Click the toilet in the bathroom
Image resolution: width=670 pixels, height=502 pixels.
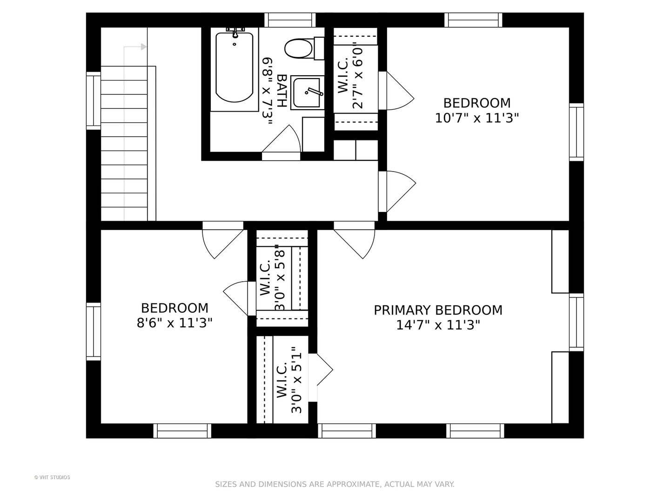pyautogui.click(x=304, y=48)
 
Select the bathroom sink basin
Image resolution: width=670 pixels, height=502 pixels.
pyautogui.click(x=307, y=92)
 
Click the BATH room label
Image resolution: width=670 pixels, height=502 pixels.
pyautogui.click(x=281, y=91)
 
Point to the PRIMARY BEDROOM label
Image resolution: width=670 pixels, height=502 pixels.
pyautogui.click(x=438, y=310)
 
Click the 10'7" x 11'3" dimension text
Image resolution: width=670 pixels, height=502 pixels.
pyautogui.click(x=477, y=118)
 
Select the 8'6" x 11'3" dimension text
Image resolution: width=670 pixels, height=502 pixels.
pyautogui.click(x=174, y=323)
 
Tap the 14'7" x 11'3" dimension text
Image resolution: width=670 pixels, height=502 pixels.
pyautogui.click(x=438, y=325)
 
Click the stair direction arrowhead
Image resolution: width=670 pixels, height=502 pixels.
pyautogui.click(x=144, y=47)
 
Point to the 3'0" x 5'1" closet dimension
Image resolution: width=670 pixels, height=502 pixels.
pyautogui.click(x=296, y=380)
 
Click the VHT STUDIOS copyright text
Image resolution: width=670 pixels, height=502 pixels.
pyautogui.click(x=52, y=477)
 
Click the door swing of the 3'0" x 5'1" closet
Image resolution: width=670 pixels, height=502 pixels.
pyautogui.click(x=325, y=370)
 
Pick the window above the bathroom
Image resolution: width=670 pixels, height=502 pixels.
pyautogui.click(x=290, y=20)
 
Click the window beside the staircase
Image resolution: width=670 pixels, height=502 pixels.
pyautogui.click(x=94, y=100)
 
